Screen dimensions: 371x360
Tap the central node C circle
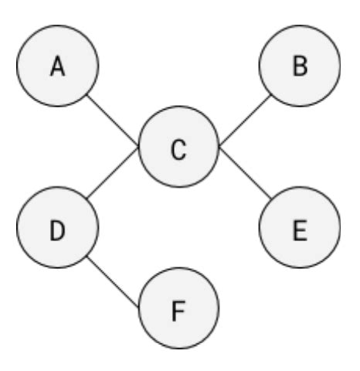pyautogui.click(x=179, y=148)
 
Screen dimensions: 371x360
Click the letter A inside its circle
pyautogui.click(x=56, y=67)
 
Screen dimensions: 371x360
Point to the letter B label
pyautogui.click(x=300, y=67)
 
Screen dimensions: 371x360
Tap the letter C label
pyautogui.click(x=179, y=148)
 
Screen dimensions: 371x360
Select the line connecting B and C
pyautogui.click(x=244, y=120)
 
